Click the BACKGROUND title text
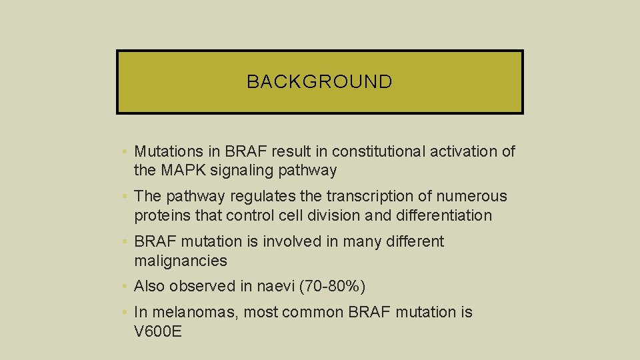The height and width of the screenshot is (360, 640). click(319, 82)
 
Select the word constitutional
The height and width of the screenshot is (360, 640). click(374, 152)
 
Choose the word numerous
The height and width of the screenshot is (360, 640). click(473, 197)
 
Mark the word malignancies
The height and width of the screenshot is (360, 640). click(181, 261)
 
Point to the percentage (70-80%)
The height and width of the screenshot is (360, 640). click(333, 287)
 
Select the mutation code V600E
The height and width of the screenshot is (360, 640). click(158, 331)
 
